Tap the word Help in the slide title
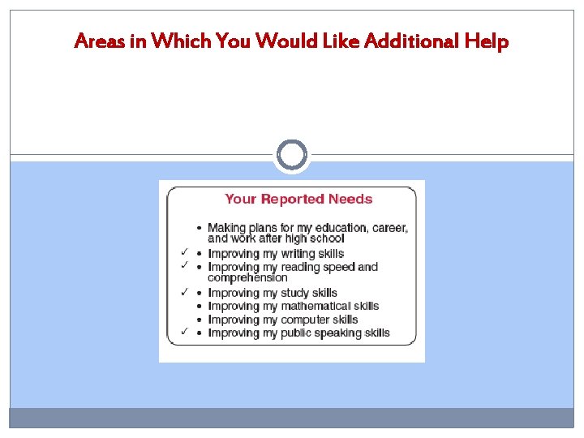486,41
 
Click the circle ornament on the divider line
292,154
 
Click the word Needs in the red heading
351,199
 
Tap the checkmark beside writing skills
185,252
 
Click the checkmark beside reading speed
185,265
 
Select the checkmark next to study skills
185,292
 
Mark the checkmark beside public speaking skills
185,331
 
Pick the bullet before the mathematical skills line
200,307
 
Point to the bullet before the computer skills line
200,320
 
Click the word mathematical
316,306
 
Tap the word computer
306,320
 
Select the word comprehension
247,278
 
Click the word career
390,228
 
